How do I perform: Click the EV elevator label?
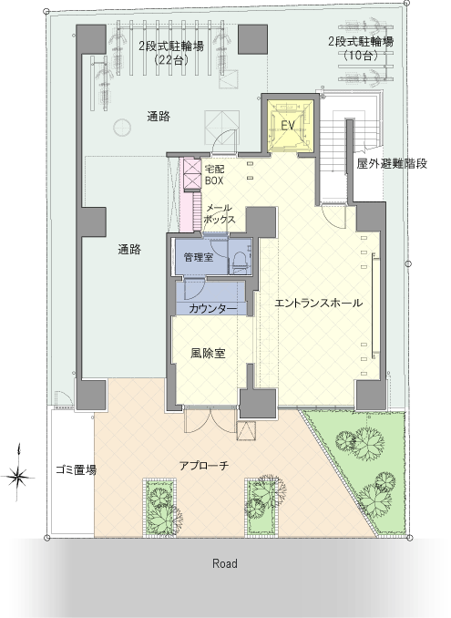click(288, 126)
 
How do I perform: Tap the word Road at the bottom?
click(225, 563)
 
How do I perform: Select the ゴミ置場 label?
click(76, 469)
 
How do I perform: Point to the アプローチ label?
click(204, 466)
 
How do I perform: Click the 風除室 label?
click(208, 353)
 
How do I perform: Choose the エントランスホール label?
click(318, 304)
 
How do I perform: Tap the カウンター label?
click(212, 309)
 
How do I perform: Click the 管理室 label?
click(199, 257)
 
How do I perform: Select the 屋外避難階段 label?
click(392, 163)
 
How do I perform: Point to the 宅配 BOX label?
click(215, 175)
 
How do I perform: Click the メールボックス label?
click(220, 214)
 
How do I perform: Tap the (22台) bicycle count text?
click(170, 60)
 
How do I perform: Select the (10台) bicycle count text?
click(361, 56)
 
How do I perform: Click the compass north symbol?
click(18, 477)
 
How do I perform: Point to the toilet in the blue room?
click(240, 260)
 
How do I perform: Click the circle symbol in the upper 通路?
click(122, 127)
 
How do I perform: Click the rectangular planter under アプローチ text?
click(159, 507)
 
